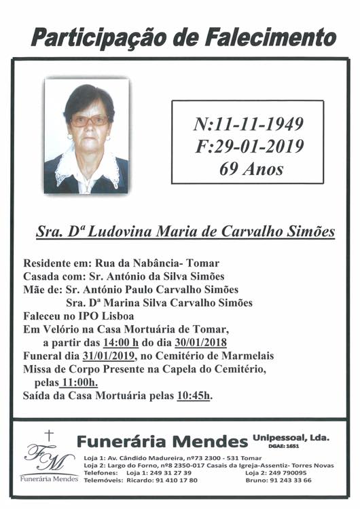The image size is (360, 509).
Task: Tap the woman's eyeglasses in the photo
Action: [x=90, y=121]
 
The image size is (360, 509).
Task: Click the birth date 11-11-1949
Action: [x=257, y=124]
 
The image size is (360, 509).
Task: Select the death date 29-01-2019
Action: [x=257, y=145]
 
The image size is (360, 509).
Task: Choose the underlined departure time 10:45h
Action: [x=194, y=396]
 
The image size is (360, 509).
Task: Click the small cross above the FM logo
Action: [x=48, y=435]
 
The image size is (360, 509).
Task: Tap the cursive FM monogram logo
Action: [x=48, y=458]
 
